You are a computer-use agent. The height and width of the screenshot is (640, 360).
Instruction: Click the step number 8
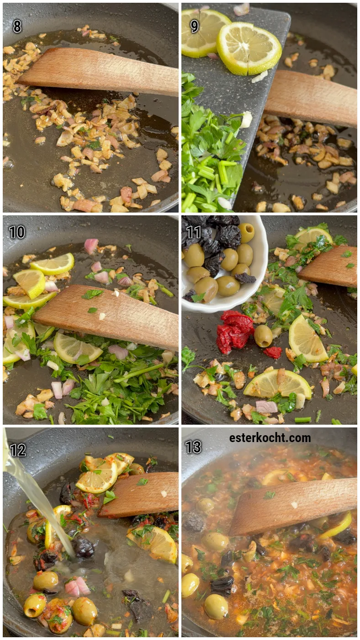coord(17,27)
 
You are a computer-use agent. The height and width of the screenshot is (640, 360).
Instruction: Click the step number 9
coord(195,27)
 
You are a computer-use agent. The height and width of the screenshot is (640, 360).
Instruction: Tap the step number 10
coord(17,232)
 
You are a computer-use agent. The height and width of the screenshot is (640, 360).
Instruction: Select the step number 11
coord(194,232)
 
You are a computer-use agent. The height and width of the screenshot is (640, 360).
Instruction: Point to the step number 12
coord(18,450)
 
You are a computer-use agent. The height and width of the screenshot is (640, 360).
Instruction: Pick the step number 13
coord(194,447)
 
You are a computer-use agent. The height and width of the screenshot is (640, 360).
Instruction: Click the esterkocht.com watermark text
coord(270,438)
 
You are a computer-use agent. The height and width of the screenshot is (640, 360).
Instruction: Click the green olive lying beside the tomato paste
coord(263,336)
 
